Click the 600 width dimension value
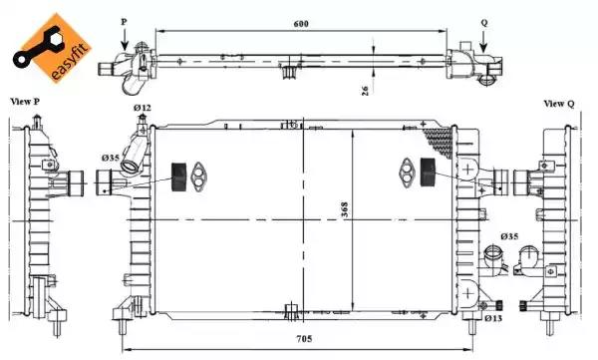[301, 24]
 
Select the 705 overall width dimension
[304, 339]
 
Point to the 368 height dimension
[345, 209]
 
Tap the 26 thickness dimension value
[365, 90]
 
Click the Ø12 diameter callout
[143, 108]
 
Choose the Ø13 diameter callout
[493, 318]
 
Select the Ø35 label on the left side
[111, 158]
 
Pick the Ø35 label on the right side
[509, 236]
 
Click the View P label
[25, 102]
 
